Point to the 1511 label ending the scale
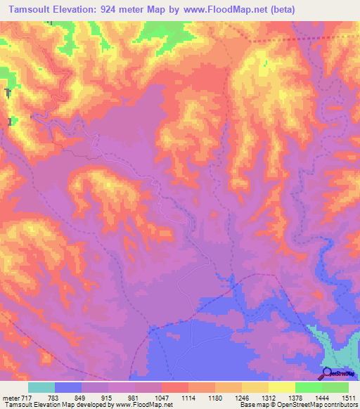tap(349, 398)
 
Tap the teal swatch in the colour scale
tap(41, 387)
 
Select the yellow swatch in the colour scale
tap(281, 387)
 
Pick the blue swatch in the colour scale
tap(68, 387)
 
